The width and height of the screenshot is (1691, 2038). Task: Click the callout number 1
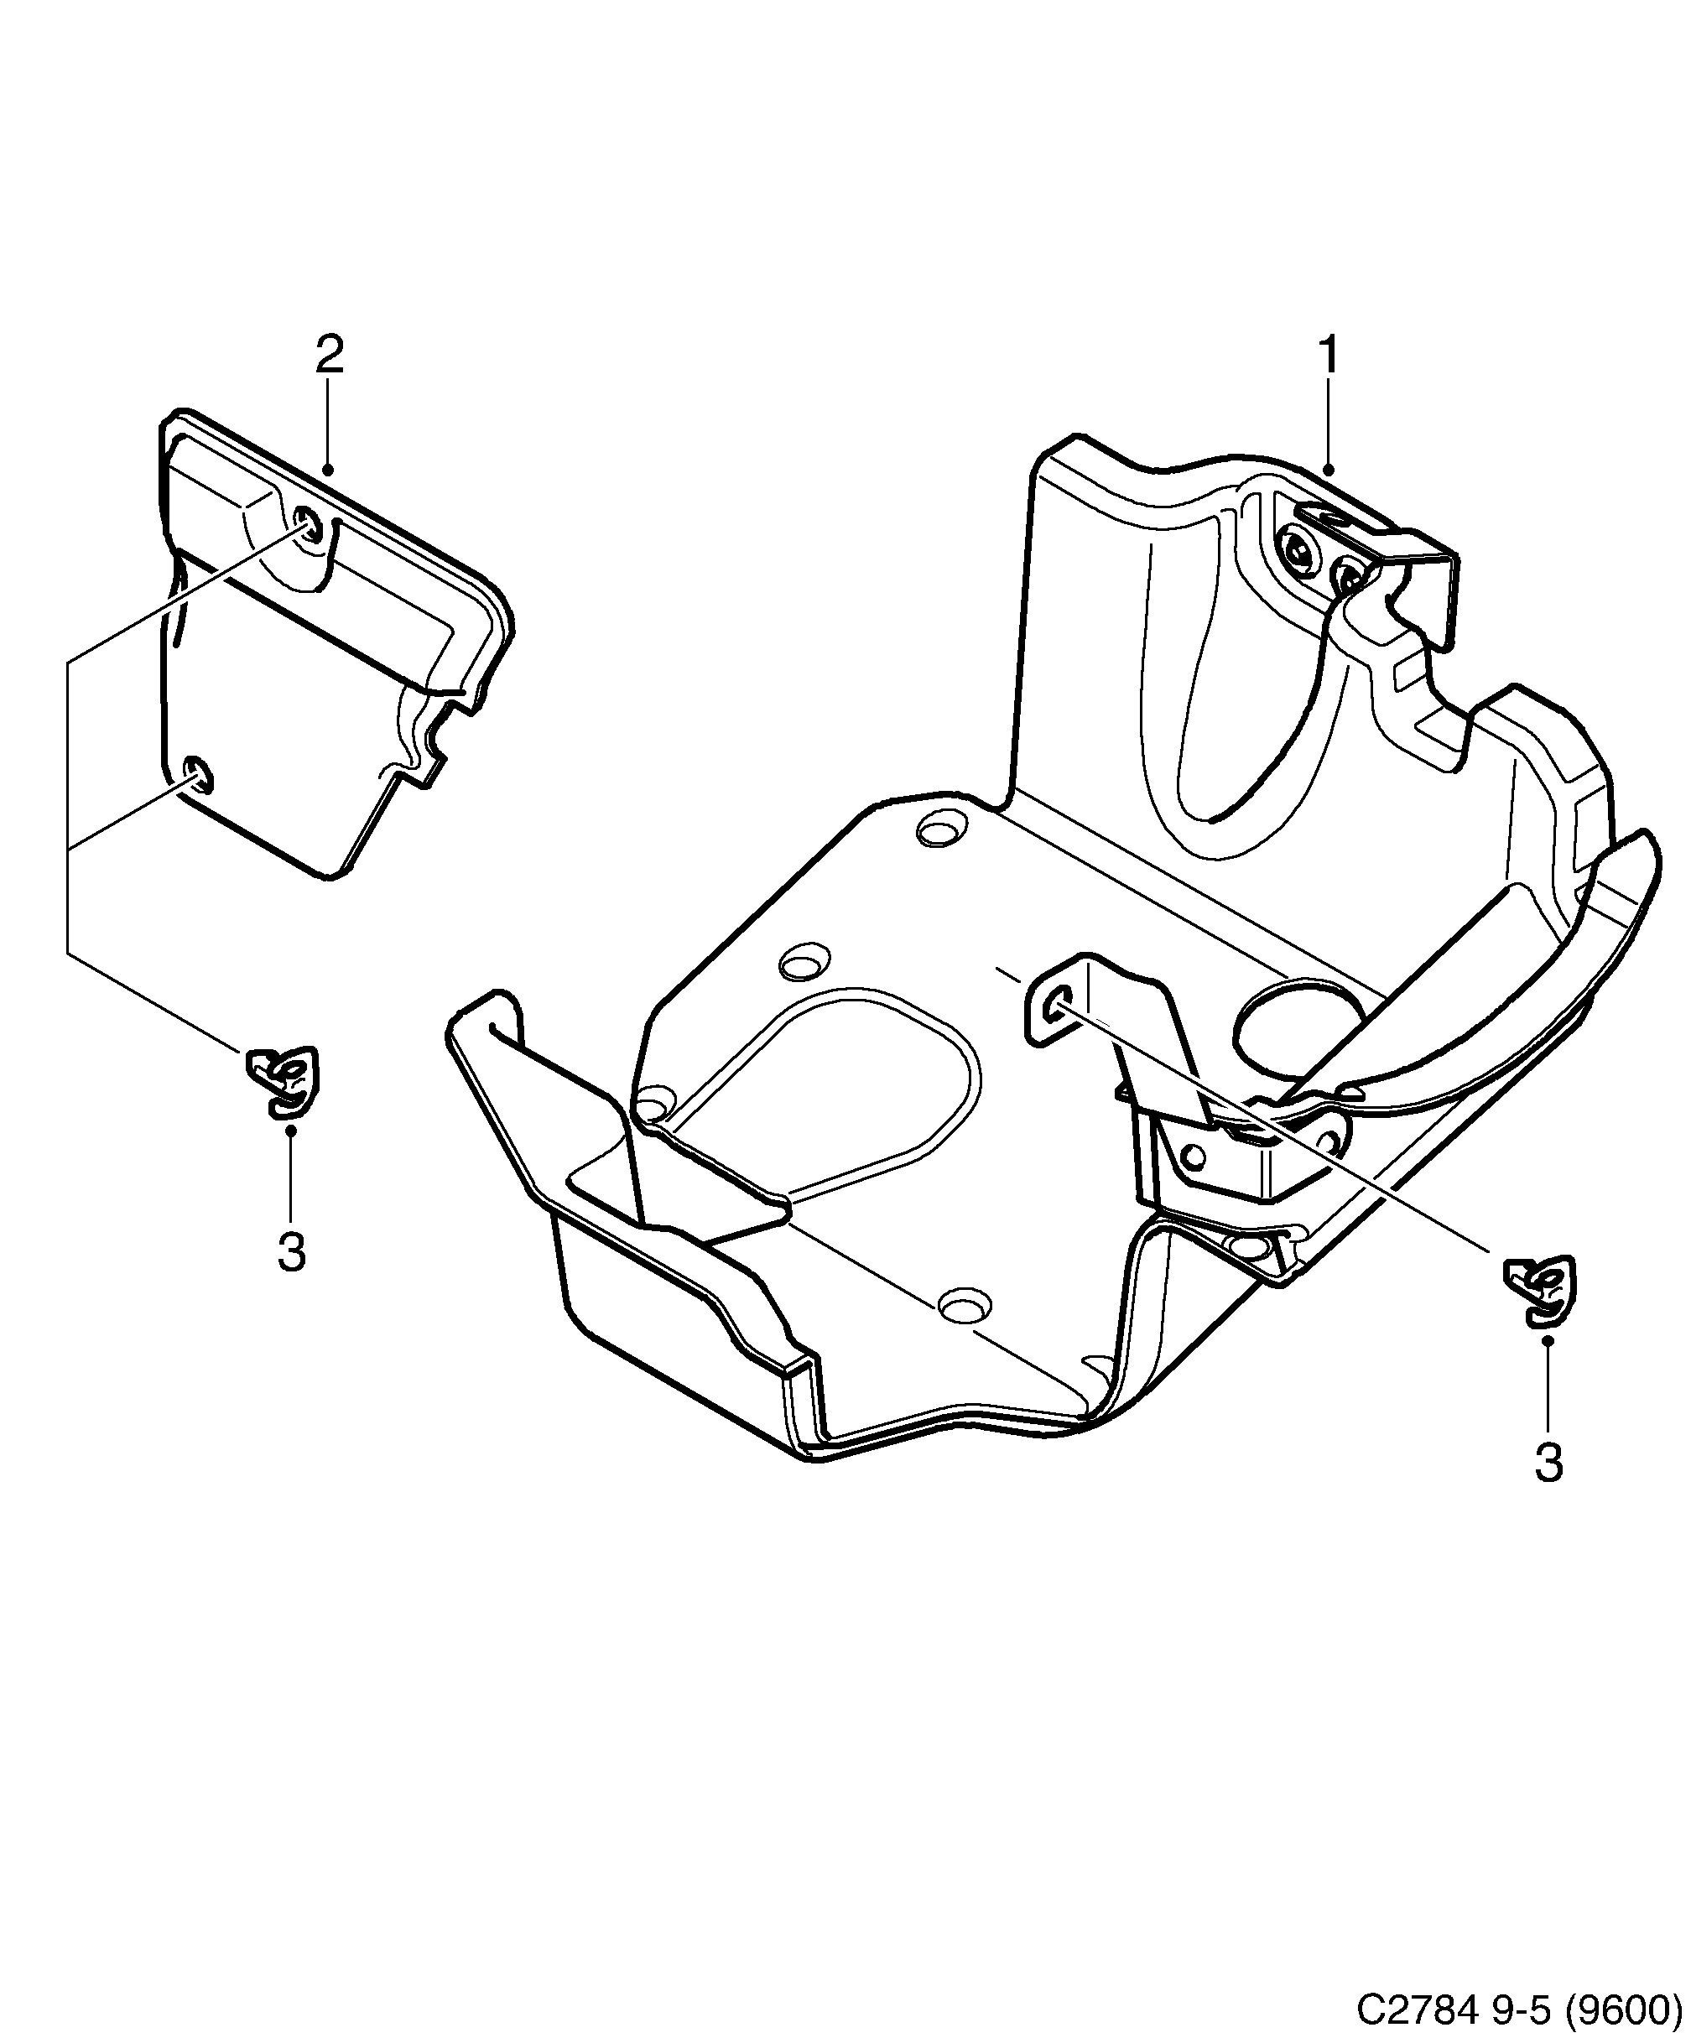(x=1327, y=356)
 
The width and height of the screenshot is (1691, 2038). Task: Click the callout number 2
(x=329, y=356)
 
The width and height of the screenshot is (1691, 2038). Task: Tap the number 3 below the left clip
(x=291, y=1252)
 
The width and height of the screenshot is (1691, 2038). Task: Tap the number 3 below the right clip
(x=1548, y=1464)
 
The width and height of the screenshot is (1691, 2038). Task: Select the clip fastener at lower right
(x=1541, y=1292)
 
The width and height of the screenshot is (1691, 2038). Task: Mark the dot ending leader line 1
(x=1329, y=471)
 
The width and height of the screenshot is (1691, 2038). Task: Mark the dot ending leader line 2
(x=329, y=471)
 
